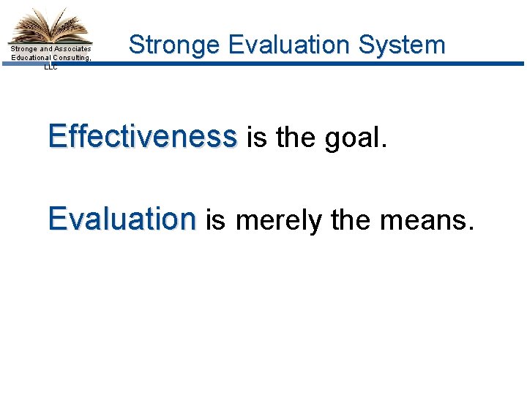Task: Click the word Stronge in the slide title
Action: (x=174, y=45)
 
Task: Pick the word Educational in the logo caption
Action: (x=31, y=58)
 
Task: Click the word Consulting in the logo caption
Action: (x=72, y=58)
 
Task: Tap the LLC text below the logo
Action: (x=51, y=66)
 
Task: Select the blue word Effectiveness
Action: (x=143, y=136)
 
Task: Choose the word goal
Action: (x=350, y=138)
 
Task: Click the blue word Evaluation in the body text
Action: (x=122, y=219)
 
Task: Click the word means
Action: (x=424, y=220)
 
